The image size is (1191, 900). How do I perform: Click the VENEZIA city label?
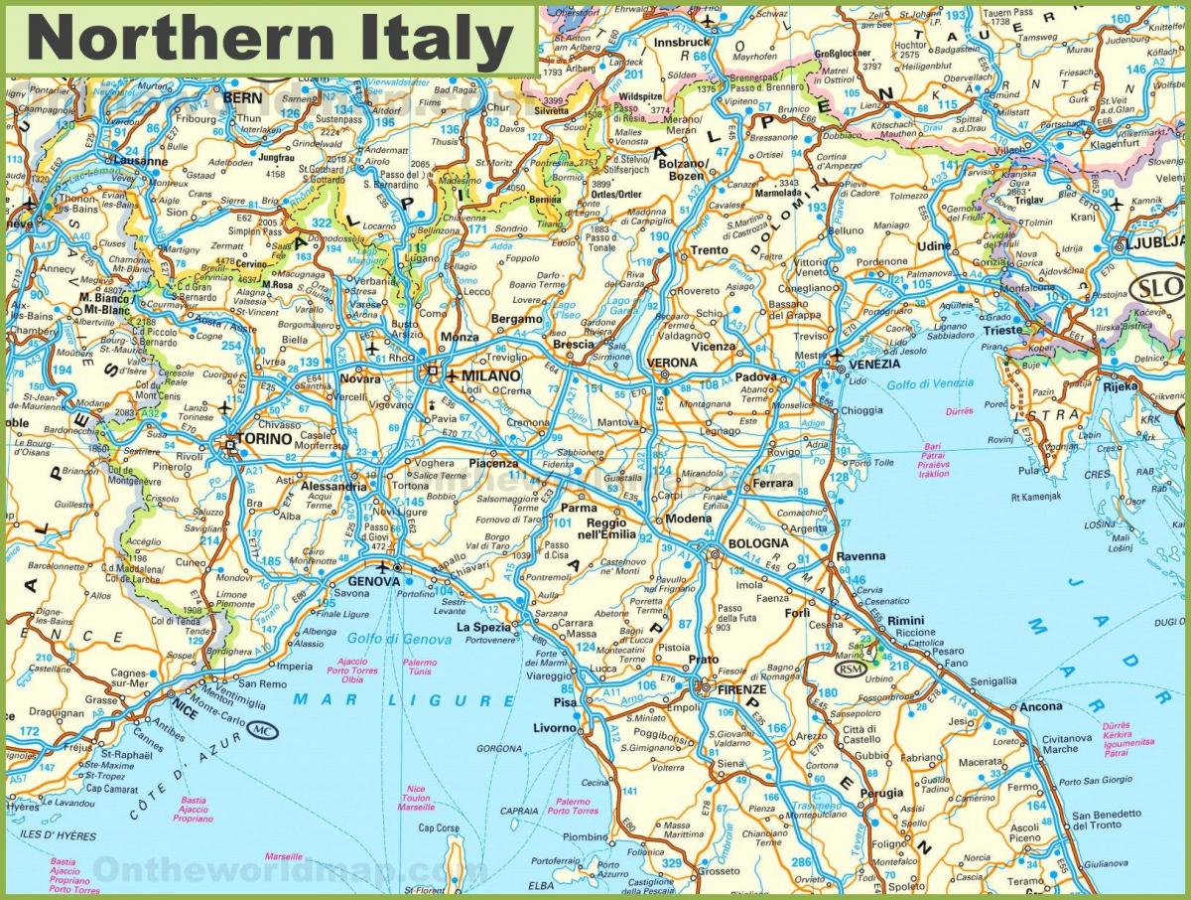[x=874, y=365]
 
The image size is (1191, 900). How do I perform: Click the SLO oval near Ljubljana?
[x=1156, y=288]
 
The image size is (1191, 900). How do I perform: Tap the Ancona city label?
[x=1040, y=707]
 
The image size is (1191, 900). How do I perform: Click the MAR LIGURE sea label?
[x=404, y=700]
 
